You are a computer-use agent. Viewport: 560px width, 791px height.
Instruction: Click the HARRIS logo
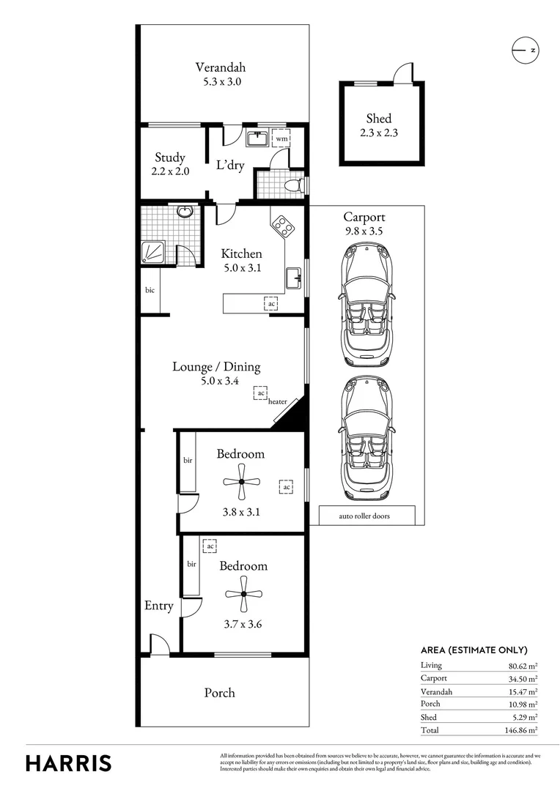[x=69, y=762]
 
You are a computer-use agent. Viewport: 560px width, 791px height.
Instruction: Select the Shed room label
[x=379, y=119]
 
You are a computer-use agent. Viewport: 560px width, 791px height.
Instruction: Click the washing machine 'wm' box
[x=281, y=138]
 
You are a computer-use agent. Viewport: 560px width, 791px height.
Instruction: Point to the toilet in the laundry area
[x=293, y=185]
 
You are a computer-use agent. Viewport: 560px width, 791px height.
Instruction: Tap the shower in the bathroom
[x=155, y=253]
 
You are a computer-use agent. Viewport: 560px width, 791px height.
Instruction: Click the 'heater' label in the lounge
[x=278, y=401]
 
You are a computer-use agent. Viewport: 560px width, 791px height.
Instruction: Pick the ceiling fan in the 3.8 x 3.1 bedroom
[x=241, y=482]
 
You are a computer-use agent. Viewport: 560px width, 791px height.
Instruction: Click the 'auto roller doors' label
[x=364, y=516]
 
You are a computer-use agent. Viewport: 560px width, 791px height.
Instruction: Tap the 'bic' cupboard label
[x=150, y=290]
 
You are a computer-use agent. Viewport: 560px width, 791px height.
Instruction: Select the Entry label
[x=158, y=606]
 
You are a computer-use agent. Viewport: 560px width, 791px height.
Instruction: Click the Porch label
[x=220, y=692]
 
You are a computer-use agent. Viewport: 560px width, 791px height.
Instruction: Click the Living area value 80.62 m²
[x=523, y=665]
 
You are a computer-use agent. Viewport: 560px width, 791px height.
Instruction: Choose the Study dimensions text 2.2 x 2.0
[x=170, y=171]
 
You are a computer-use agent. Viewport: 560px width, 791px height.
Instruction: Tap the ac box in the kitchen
[x=271, y=303]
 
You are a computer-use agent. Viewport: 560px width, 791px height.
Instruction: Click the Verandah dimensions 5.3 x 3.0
[x=222, y=82]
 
